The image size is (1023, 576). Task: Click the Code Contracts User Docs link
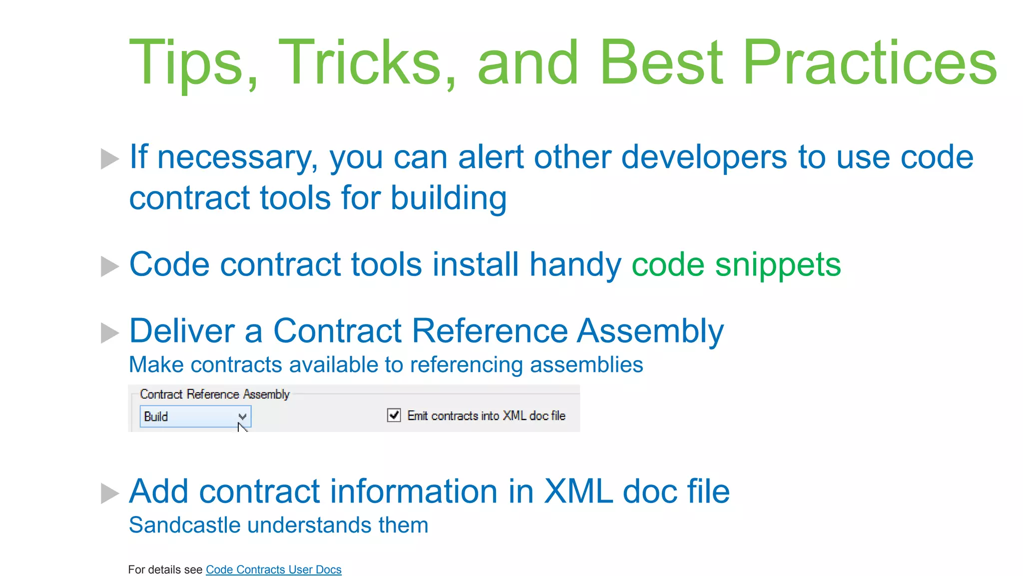pos(273,569)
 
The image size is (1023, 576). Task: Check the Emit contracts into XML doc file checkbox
pos(394,415)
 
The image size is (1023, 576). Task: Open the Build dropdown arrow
pos(242,416)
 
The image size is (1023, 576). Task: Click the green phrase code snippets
pos(736,264)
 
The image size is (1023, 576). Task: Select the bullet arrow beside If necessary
pos(109,158)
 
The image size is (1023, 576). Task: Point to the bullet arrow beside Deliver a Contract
pos(109,333)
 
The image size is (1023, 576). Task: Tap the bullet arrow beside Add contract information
pos(109,493)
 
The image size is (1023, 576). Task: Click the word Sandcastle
pos(184,525)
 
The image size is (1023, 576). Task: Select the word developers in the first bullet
pos(704,157)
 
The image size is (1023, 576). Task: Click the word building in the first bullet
pos(448,198)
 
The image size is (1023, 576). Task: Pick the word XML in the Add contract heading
pos(577,491)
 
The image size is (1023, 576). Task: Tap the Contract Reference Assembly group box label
pos(215,394)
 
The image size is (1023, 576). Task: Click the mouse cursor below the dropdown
pos(242,428)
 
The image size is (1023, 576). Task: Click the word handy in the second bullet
pos(575,264)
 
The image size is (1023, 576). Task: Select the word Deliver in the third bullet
pos(181,331)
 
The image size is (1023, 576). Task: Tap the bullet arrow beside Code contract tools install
pos(109,266)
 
